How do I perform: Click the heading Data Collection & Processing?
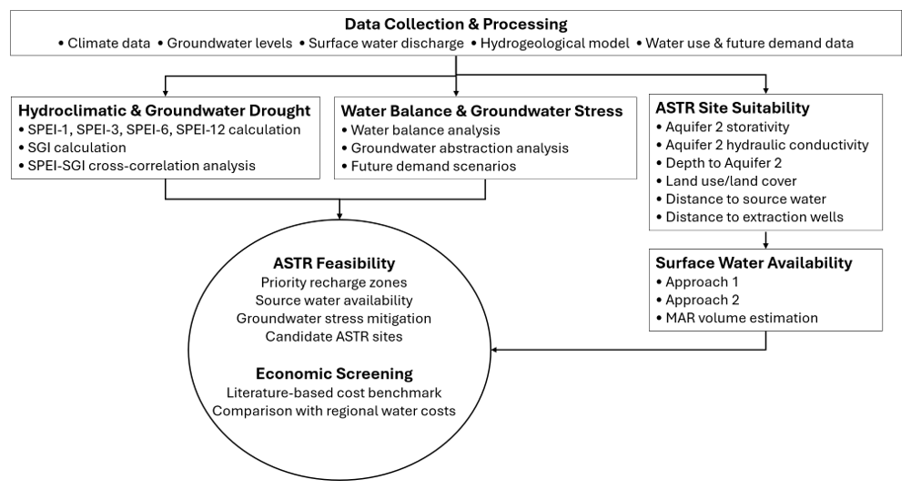pos(455,24)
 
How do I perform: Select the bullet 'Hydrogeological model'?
pos(554,43)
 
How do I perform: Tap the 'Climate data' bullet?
pos(108,43)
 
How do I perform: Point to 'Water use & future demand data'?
pos(749,43)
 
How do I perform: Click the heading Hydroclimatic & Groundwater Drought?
pos(165,110)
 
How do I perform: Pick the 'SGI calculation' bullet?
pos(76,148)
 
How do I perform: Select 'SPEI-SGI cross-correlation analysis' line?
pos(141,166)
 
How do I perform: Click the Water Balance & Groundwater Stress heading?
pos(481,111)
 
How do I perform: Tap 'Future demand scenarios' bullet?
pos(433,167)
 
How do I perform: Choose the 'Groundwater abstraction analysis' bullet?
pos(460,148)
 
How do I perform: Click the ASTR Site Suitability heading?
pos(732,108)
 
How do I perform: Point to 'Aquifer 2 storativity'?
pos(727,127)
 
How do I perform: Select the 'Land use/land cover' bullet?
pos(731,180)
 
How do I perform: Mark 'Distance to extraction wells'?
pos(754,217)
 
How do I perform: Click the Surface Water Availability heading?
pos(754,262)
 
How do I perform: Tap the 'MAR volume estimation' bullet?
pos(742,318)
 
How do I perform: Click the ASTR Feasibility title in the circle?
pos(334,263)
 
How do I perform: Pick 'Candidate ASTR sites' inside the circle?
pos(334,337)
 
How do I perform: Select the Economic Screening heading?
pos(334,373)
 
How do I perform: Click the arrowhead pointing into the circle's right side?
pos(495,350)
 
